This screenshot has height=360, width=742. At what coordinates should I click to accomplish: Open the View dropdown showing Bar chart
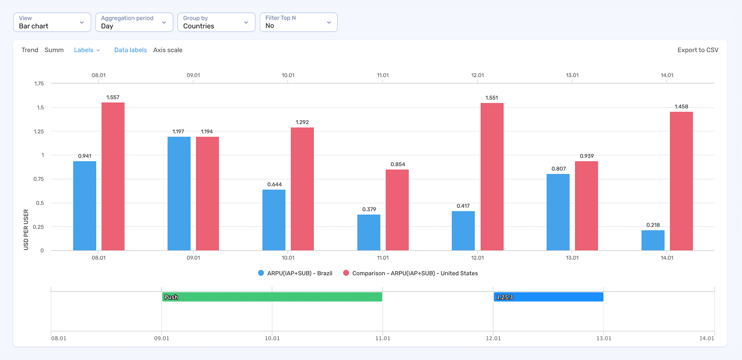click(52, 22)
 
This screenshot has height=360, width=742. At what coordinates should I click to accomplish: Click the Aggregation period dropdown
click(134, 22)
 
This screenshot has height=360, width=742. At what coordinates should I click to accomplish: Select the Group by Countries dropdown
click(216, 22)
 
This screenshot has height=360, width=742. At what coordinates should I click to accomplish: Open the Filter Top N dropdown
click(298, 22)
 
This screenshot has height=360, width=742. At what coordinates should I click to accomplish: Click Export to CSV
click(698, 50)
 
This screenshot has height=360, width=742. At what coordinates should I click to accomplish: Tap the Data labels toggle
click(130, 50)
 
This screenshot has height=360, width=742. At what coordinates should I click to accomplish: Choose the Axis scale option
click(168, 50)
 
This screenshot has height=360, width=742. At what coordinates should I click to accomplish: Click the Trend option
click(30, 50)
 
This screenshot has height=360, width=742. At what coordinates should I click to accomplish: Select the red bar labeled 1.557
click(113, 176)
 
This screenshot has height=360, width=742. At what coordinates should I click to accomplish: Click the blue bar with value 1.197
click(179, 193)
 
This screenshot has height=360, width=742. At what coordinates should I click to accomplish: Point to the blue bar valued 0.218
click(653, 240)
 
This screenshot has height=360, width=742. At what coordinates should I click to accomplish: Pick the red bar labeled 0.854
click(397, 210)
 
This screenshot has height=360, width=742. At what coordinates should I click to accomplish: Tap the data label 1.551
click(492, 98)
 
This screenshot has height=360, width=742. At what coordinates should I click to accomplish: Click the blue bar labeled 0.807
click(558, 212)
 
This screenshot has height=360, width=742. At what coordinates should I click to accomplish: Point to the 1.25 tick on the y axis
click(39, 131)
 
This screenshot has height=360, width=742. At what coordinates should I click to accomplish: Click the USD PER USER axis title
click(26, 229)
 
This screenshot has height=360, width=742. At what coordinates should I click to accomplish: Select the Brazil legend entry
click(295, 273)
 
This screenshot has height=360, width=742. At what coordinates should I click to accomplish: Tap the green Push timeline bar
click(272, 297)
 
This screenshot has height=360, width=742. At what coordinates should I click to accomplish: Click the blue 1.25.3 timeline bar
click(548, 297)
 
